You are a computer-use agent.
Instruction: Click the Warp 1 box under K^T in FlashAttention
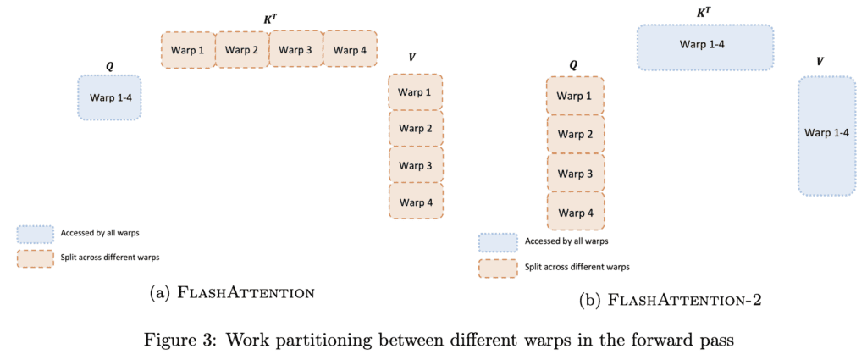[x=188, y=50]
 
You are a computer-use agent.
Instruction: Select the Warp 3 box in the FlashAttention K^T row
[x=295, y=50]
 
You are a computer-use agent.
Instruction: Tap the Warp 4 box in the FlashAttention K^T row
[x=350, y=50]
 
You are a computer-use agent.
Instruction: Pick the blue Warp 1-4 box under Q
[x=110, y=97]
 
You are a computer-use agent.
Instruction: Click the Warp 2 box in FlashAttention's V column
[x=416, y=128]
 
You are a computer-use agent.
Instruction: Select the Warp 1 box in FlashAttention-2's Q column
[x=576, y=96]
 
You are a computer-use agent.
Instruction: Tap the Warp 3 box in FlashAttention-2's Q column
[x=576, y=173]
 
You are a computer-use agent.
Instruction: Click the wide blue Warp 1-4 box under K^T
[x=705, y=47]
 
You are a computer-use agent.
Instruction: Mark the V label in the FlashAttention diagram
[x=412, y=57]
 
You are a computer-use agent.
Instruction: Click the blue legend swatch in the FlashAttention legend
[x=34, y=233]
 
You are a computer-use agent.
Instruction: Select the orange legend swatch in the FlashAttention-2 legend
[x=497, y=266]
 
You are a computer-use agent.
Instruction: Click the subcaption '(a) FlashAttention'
[x=232, y=292]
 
